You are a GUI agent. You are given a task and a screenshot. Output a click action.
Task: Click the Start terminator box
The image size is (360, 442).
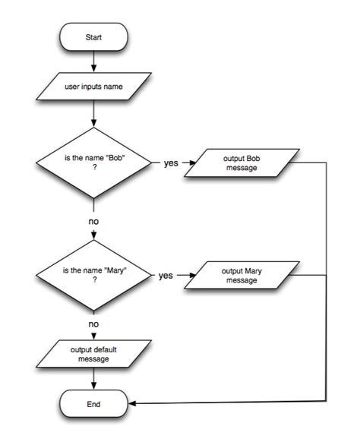(x=92, y=36)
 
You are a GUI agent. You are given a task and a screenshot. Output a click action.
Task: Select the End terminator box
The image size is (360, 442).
(x=92, y=403)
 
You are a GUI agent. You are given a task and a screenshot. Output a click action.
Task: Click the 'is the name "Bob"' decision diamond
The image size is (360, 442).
(x=93, y=163)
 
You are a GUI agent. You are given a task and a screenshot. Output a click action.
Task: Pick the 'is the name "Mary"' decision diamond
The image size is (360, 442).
(x=93, y=276)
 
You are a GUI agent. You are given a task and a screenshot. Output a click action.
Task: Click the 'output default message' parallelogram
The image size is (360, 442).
(x=92, y=354)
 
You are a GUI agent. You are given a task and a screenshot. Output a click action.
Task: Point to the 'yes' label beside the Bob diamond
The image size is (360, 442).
(x=171, y=163)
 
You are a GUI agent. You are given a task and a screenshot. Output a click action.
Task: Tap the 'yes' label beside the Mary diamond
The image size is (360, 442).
(x=166, y=276)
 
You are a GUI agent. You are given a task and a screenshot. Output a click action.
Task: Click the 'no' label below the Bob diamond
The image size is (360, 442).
(x=93, y=222)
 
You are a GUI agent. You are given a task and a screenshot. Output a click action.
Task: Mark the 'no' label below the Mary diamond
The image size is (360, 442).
(x=93, y=324)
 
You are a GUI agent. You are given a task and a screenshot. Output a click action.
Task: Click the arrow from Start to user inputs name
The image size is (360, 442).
(x=92, y=60)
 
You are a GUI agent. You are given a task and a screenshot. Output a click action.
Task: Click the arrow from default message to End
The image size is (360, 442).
(x=92, y=377)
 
